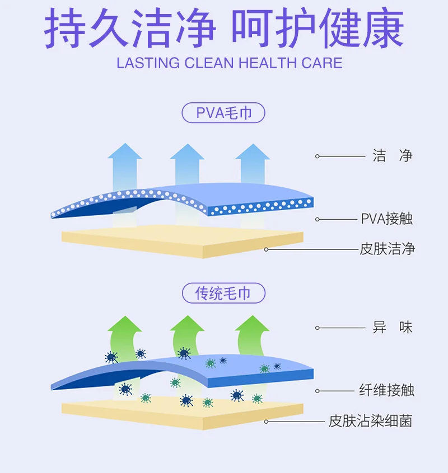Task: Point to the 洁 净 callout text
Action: [x=393, y=156]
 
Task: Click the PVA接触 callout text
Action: [x=386, y=219]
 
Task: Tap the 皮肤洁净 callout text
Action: [x=386, y=249]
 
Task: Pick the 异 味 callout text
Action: [x=393, y=328]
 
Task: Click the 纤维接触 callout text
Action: [x=386, y=390]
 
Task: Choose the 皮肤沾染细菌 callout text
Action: [x=371, y=421]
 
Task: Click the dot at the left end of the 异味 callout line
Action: [x=317, y=328]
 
